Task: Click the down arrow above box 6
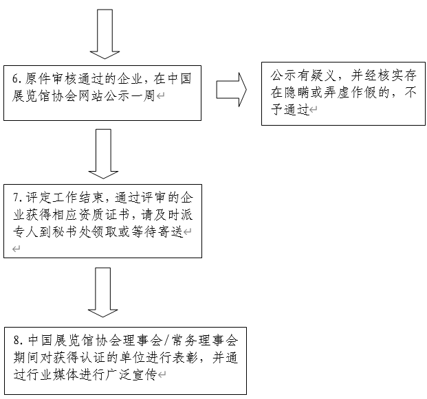point(105,34)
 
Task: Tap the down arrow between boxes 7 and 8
point(105,291)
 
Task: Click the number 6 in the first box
point(15,78)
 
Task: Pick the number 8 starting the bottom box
point(16,341)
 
